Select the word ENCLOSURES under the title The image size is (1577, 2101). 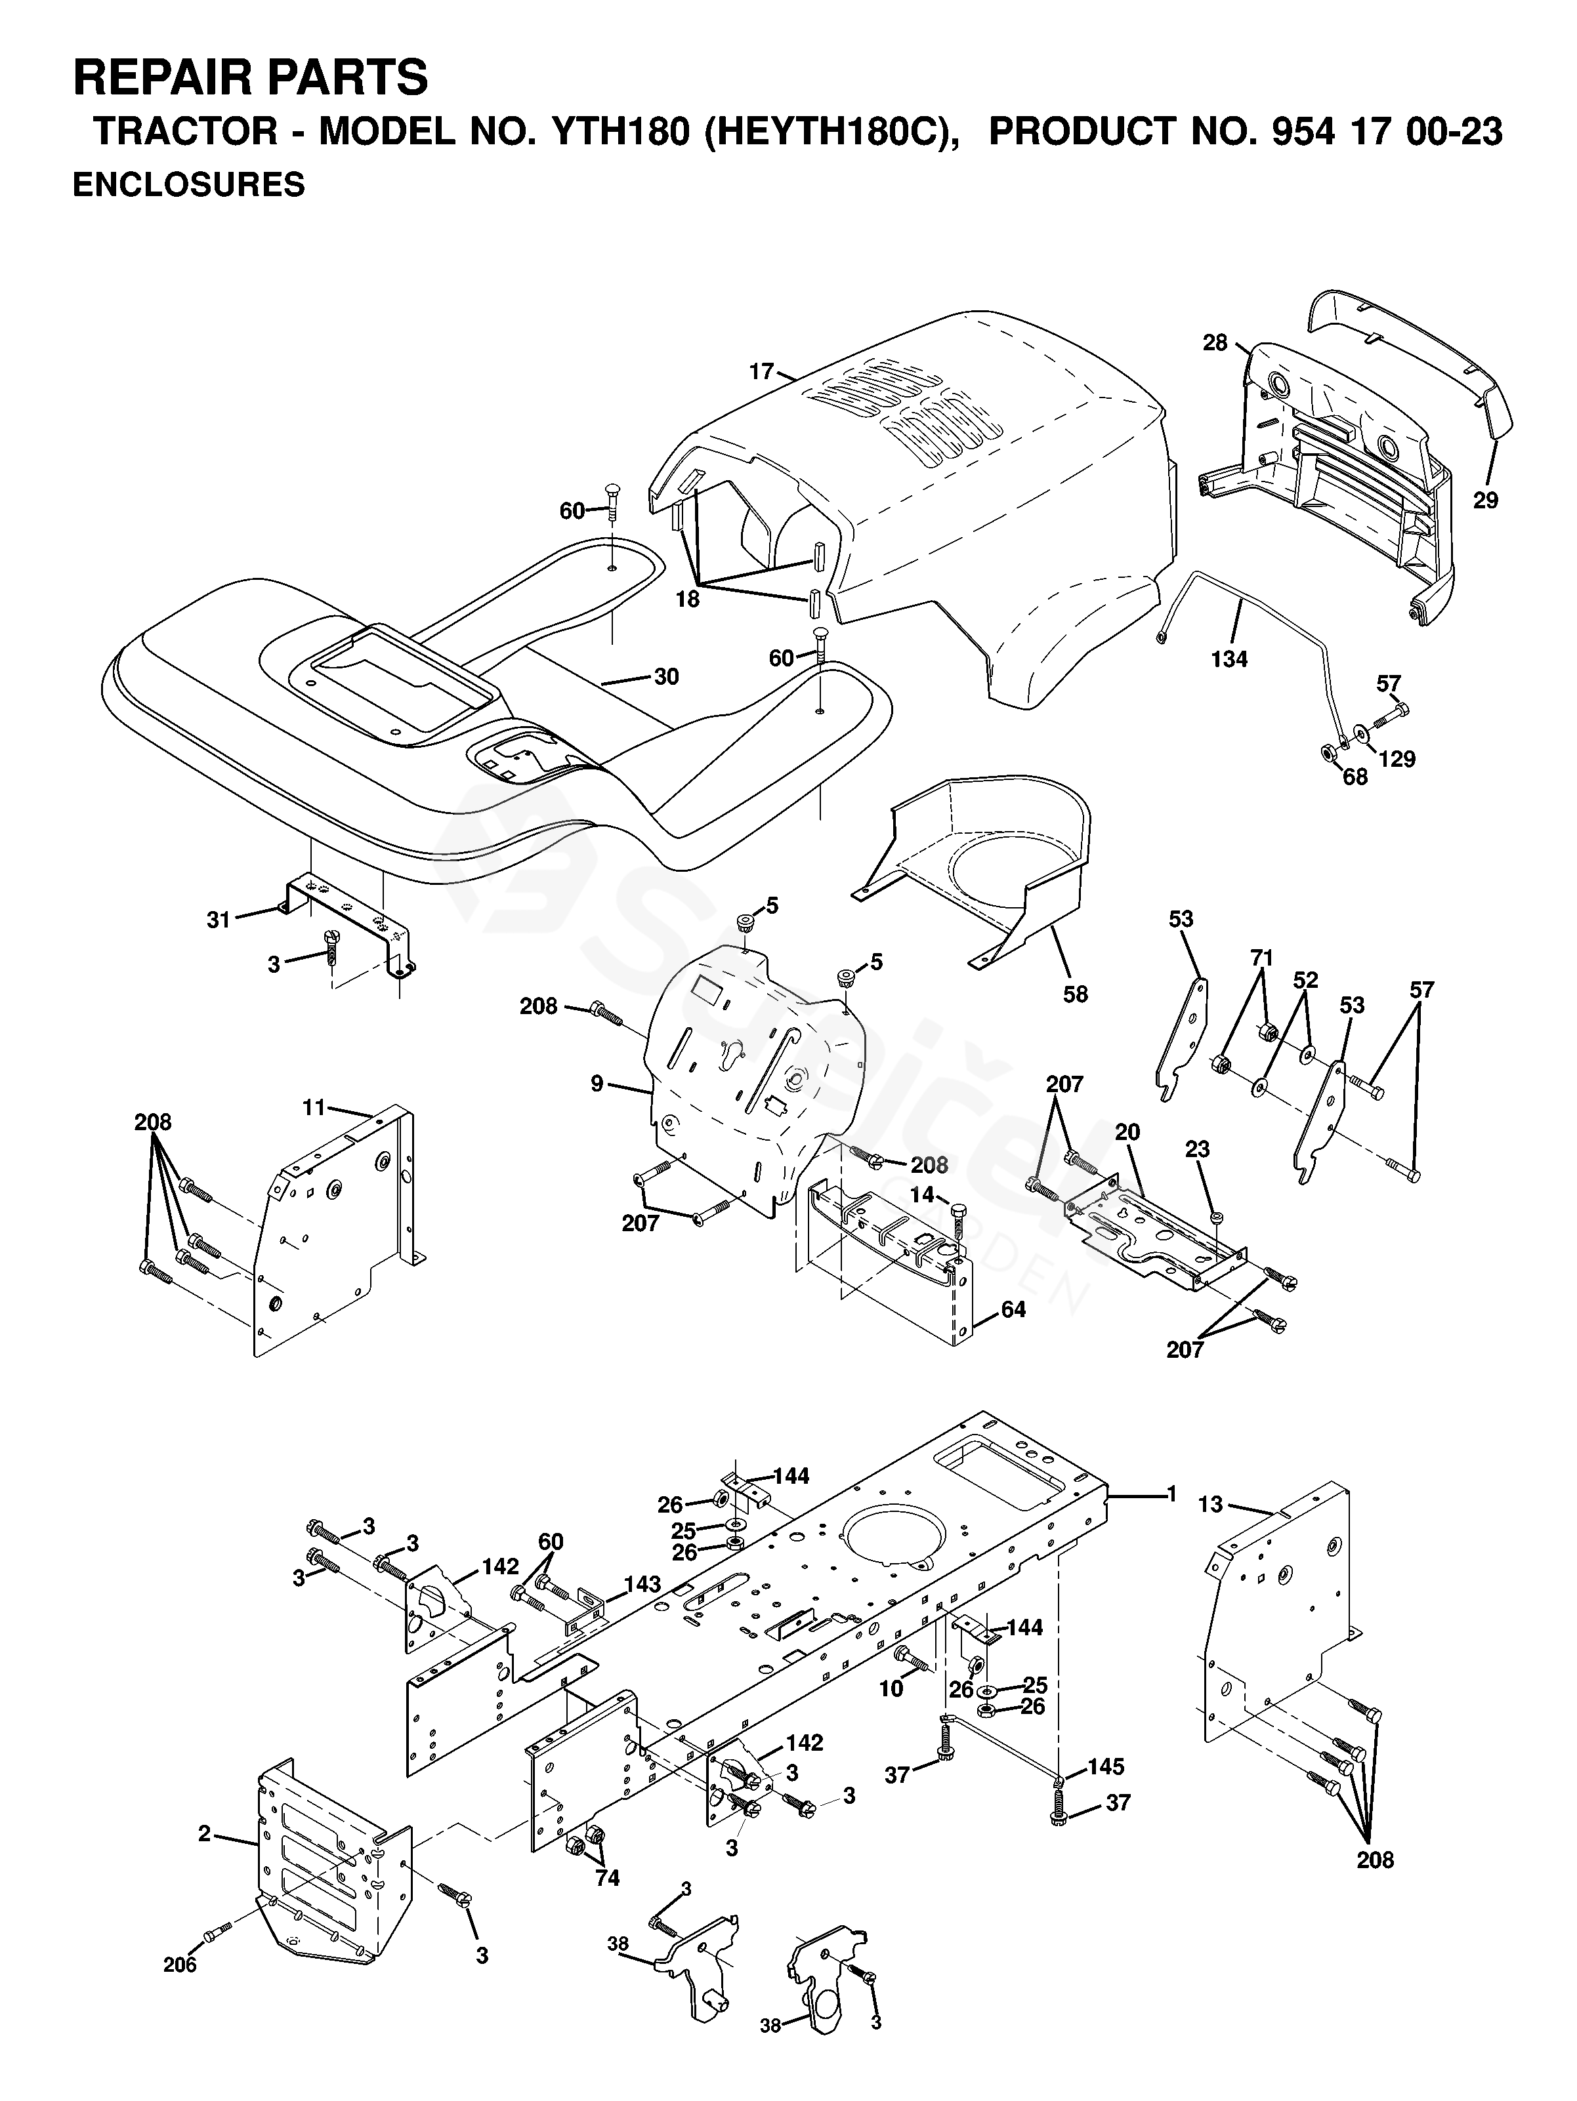tap(189, 184)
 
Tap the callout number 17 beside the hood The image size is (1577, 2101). tap(761, 371)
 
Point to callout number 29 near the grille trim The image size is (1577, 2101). tap(1485, 500)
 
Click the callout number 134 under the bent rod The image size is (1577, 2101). tap(1229, 658)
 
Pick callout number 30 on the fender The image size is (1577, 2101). tap(666, 676)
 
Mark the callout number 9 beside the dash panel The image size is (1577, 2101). tap(597, 1083)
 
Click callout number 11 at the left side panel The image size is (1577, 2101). tap(314, 1107)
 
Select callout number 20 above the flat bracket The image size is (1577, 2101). tap(1127, 1132)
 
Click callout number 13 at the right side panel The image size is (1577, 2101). tap(1210, 1505)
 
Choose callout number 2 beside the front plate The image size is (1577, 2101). tap(203, 1833)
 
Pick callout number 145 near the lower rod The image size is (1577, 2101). tap(1106, 1766)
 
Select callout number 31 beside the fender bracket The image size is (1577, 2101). tap(219, 920)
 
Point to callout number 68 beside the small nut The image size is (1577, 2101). tap(1355, 776)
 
